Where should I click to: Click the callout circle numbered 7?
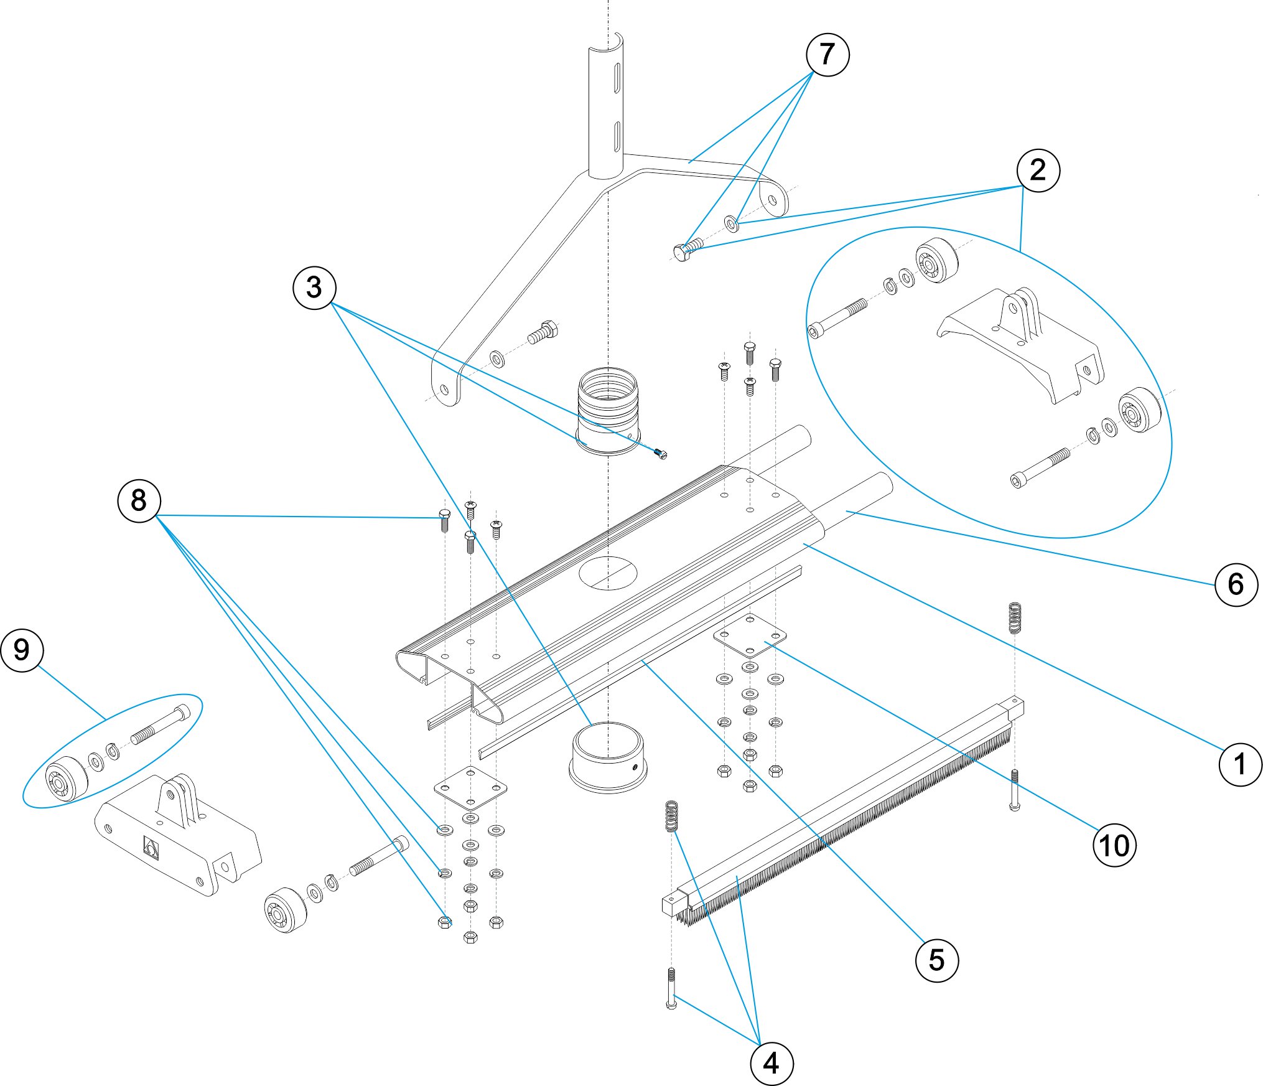click(x=827, y=55)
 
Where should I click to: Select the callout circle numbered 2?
click(x=1038, y=170)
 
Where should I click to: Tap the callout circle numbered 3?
click(x=314, y=288)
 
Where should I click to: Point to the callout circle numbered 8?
click(x=139, y=500)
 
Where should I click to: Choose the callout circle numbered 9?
click(x=22, y=650)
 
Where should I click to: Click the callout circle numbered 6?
click(x=1236, y=584)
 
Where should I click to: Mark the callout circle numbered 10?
click(x=1114, y=846)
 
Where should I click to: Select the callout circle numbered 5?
click(x=936, y=960)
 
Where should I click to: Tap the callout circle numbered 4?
click(x=771, y=1064)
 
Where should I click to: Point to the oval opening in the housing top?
click(x=608, y=573)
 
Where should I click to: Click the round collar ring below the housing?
click(x=608, y=756)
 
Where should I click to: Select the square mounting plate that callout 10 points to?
click(x=750, y=635)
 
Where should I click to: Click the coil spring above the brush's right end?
click(x=1015, y=617)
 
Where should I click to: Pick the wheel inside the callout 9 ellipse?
click(x=66, y=778)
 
